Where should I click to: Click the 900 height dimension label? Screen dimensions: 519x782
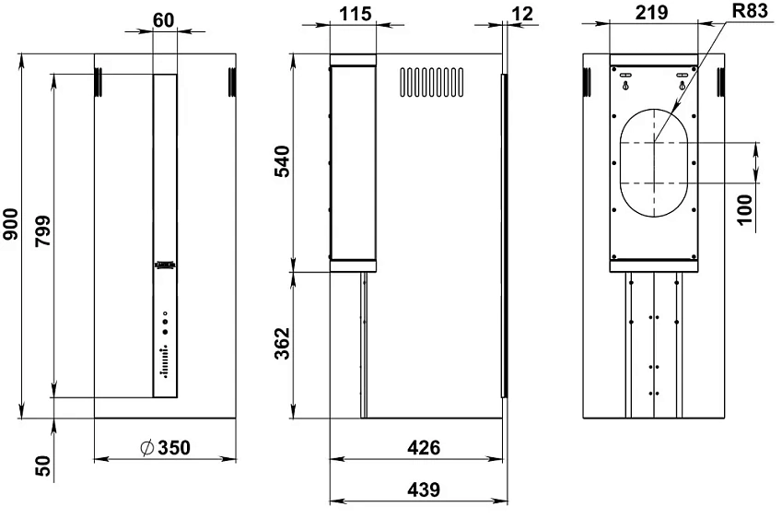point(11,225)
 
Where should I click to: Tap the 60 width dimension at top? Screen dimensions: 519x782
point(163,18)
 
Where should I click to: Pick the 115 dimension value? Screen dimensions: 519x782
point(353,16)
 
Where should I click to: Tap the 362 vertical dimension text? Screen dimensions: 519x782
point(284,344)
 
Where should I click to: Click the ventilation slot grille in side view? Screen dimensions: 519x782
point(430,81)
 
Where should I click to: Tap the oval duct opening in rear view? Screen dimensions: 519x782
point(653,162)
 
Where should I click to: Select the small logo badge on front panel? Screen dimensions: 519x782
point(165,265)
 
